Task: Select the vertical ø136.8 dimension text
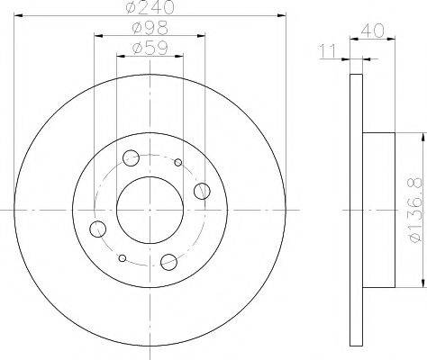tap(415, 212)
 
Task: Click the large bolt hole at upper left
tap(132, 158)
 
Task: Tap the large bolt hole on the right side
tap(202, 190)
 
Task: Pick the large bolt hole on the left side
tap(98, 229)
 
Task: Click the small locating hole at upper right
tap(178, 163)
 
